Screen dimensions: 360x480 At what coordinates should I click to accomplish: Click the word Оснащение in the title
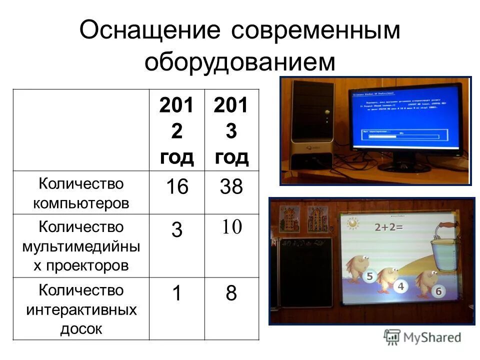click(150, 31)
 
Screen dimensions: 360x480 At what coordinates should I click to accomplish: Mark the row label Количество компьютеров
click(81, 193)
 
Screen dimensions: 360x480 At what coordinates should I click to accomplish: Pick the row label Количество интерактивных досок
click(81, 309)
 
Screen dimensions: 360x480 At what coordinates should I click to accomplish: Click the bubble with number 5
click(369, 276)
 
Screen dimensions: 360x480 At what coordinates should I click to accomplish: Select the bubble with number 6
click(438, 291)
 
